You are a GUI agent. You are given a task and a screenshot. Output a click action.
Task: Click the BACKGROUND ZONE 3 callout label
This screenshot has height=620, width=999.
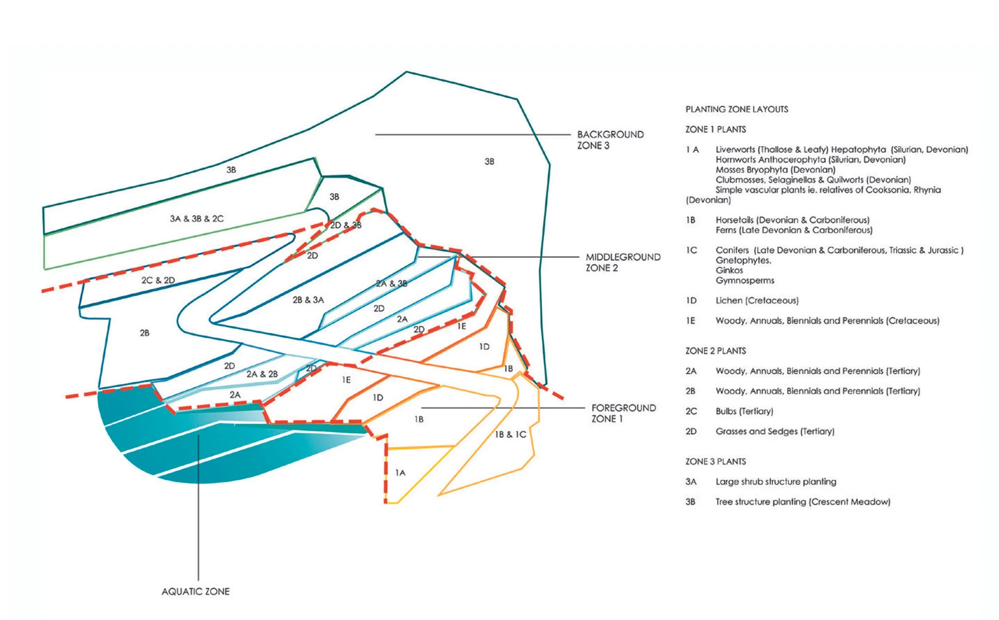tap(610, 140)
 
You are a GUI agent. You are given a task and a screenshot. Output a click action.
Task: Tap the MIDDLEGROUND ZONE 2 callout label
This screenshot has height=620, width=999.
tap(622, 262)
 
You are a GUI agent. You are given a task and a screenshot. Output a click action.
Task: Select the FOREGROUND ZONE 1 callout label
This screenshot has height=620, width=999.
tap(623, 413)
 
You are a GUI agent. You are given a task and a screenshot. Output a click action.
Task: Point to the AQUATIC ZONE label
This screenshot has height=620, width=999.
tap(195, 592)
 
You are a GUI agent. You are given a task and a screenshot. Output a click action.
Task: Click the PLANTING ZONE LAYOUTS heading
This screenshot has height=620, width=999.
tap(736, 109)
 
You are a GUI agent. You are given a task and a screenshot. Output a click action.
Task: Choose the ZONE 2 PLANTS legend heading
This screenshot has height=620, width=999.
tap(715, 351)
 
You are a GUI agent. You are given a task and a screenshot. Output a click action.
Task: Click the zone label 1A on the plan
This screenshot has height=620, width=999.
tap(400, 473)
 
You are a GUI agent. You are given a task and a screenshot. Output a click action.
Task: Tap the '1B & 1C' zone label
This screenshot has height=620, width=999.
tap(510, 434)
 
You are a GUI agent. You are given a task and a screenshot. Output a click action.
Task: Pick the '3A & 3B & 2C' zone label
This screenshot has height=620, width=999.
tap(196, 219)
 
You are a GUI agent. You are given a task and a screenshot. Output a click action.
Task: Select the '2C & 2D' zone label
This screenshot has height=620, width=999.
tap(158, 280)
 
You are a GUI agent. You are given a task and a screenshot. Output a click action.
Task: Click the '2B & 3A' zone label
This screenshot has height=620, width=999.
tap(308, 300)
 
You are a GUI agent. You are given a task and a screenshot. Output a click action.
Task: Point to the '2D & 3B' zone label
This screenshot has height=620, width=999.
tap(345, 225)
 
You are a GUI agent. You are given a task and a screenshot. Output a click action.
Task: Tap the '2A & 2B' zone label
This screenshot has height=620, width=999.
tap(262, 374)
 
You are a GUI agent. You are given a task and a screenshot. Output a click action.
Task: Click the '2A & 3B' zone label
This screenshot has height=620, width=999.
tap(391, 284)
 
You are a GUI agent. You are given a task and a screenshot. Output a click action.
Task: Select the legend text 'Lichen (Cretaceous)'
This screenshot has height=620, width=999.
tap(757, 300)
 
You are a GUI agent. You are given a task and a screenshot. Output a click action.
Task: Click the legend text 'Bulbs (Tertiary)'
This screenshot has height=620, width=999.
tap(744, 411)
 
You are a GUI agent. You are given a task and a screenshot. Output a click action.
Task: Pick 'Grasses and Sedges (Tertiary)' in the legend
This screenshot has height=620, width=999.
tap(775, 431)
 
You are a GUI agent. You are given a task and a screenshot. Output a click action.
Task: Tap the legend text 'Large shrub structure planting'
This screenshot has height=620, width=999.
tap(776, 482)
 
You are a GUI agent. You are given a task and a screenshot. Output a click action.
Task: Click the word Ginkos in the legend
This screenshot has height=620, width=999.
tap(729, 270)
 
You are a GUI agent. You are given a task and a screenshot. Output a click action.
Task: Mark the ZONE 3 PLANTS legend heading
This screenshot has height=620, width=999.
tap(715, 462)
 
